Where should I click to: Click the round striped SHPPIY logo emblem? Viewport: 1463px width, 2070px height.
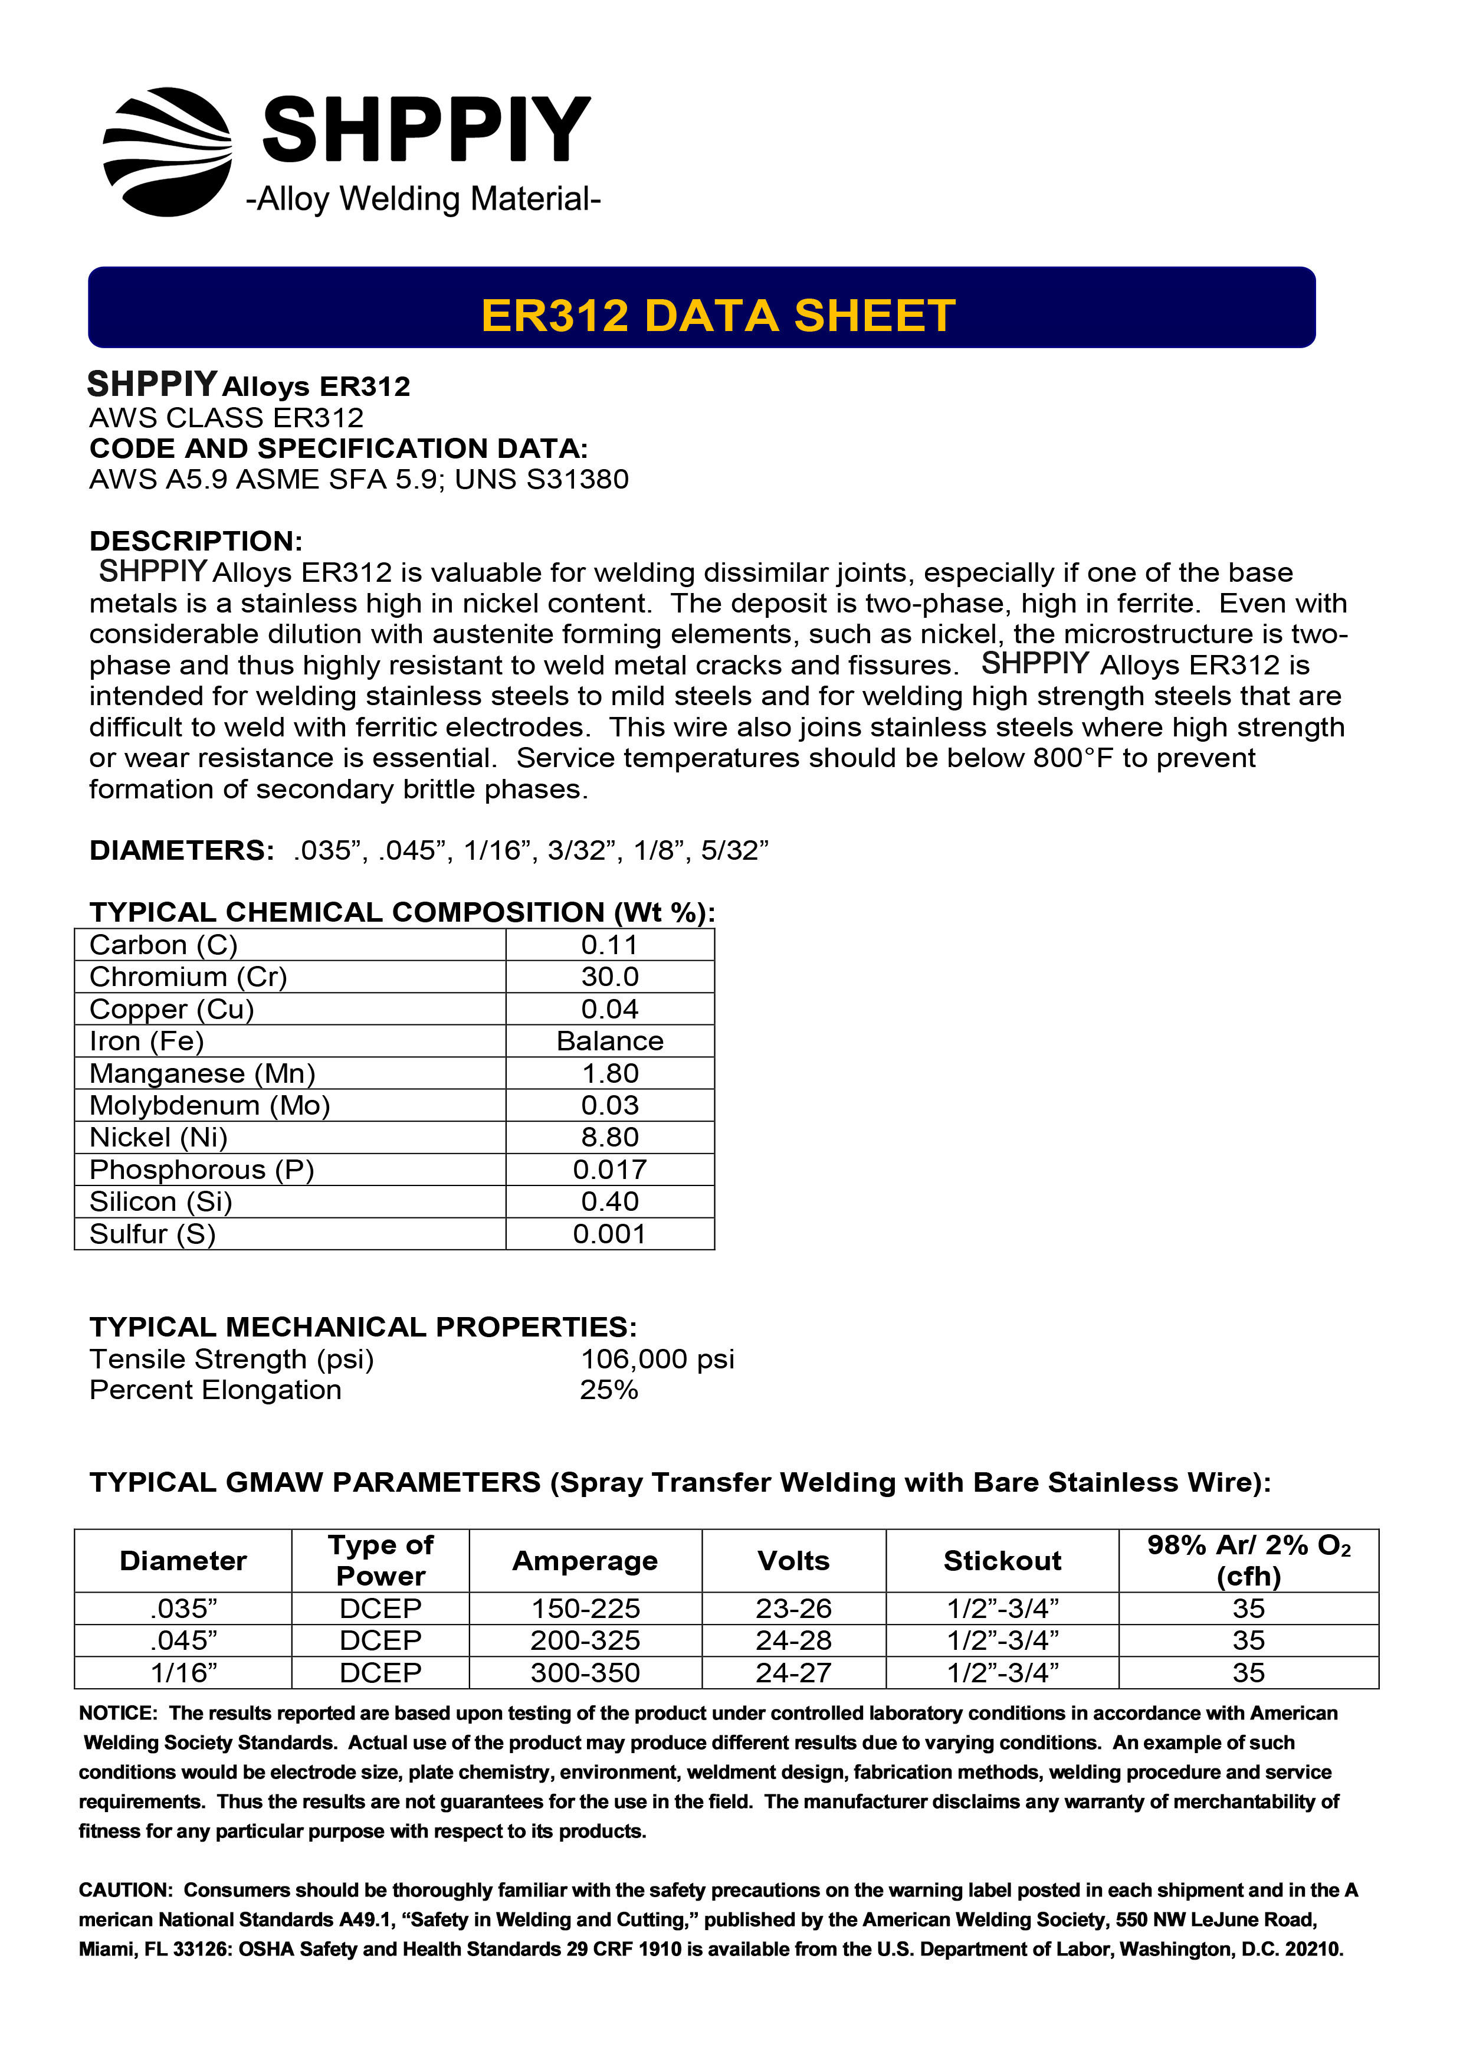coord(168,152)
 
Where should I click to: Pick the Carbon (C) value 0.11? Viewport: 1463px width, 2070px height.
coord(609,945)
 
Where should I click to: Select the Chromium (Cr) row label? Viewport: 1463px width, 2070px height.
coord(188,977)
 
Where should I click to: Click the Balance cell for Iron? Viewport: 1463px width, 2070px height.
coord(609,1041)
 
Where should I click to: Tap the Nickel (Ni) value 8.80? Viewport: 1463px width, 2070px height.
coord(609,1137)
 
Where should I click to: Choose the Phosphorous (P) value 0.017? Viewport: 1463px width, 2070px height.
coord(609,1170)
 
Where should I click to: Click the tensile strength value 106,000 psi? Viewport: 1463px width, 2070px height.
coord(657,1359)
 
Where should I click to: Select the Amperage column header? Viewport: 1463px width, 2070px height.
coord(585,1561)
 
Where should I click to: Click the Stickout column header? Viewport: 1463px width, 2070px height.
coord(1002,1561)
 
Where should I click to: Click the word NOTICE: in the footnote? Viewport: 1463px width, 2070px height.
coord(118,1713)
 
